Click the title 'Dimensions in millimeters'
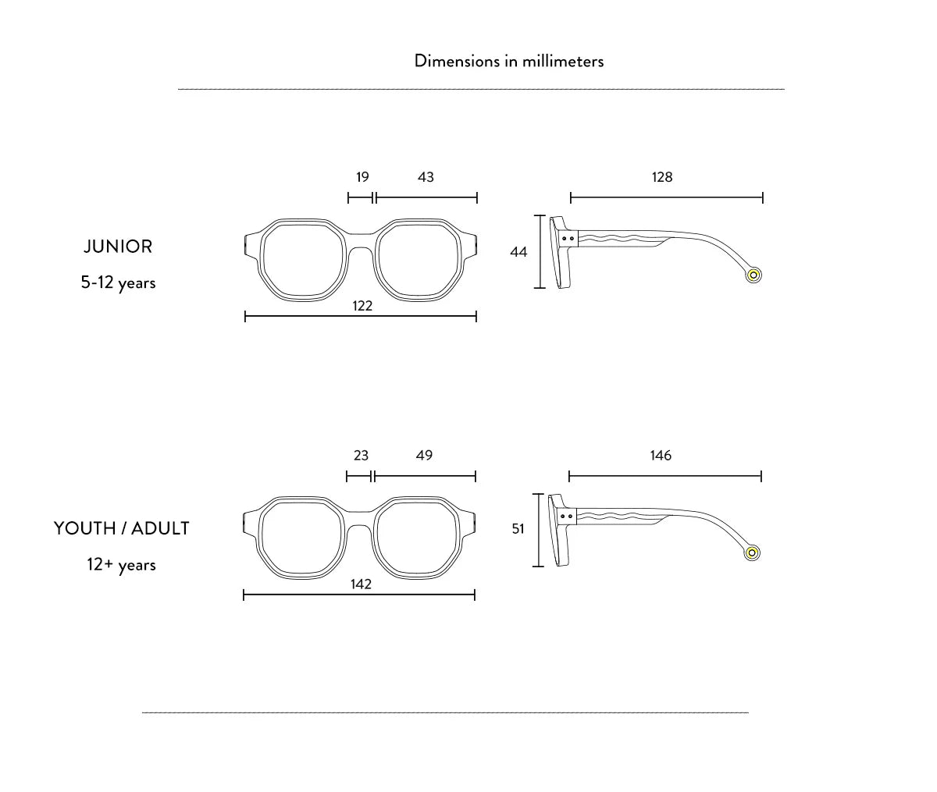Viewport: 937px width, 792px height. pos(508,61)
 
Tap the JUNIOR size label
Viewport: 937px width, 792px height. pos(118,247)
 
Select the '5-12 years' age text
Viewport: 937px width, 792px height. pos(118,282)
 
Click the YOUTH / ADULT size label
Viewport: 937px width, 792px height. pos(122,528)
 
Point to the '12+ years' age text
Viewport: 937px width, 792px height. pos(121,565)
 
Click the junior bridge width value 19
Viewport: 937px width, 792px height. pos(362,176)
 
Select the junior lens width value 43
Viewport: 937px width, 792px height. pos(426,176)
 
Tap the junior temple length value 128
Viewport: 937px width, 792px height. pos(662,176)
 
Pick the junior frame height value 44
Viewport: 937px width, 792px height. pos(518,252)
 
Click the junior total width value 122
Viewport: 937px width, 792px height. pos(362,306)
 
